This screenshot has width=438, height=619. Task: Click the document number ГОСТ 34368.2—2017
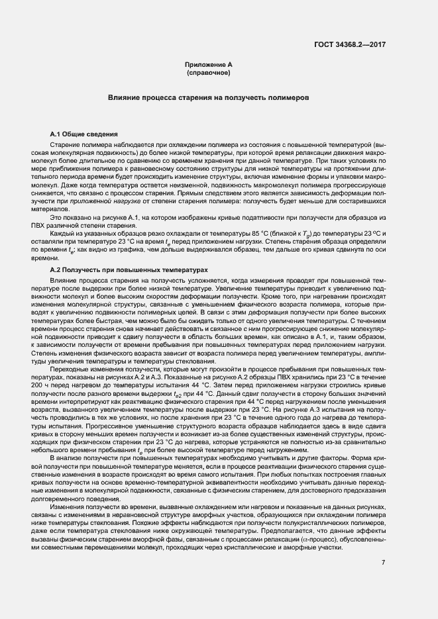point(349,44)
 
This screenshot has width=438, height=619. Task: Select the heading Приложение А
point(209,64)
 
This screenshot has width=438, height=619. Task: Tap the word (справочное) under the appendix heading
point(209,71)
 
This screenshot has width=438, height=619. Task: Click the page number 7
point(384,563)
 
